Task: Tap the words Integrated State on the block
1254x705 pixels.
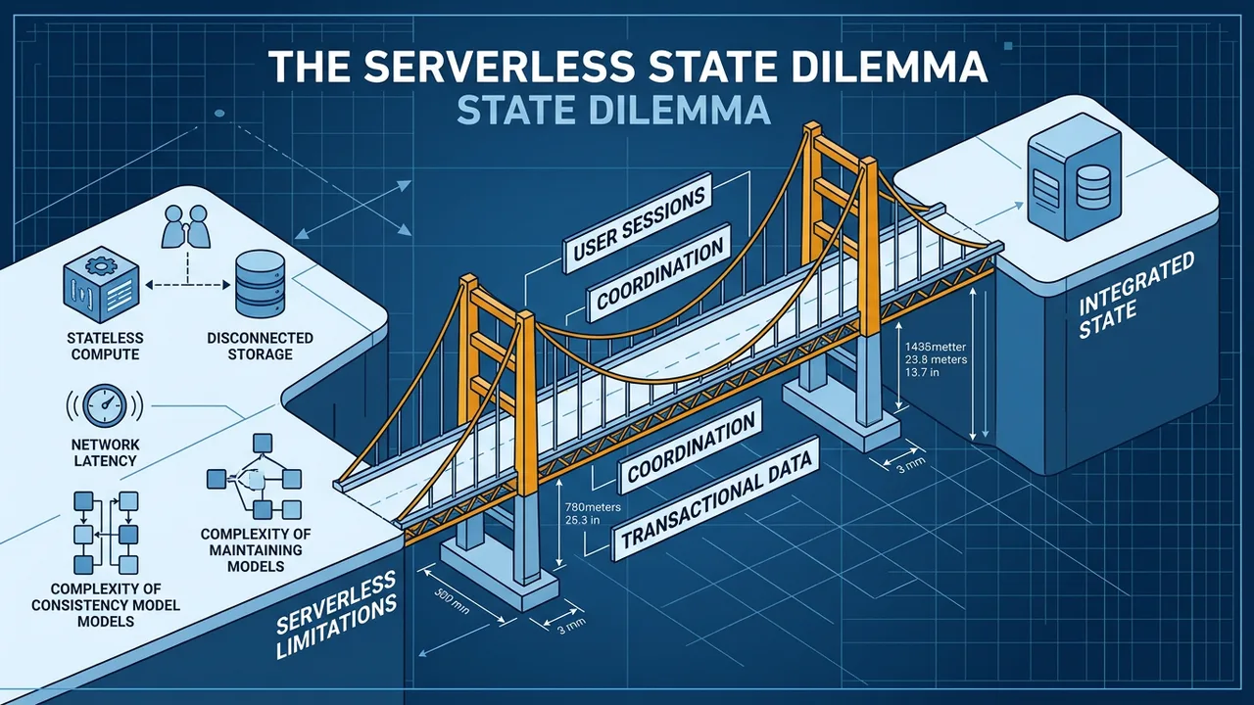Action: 1136,296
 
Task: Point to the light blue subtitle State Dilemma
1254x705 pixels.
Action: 613,111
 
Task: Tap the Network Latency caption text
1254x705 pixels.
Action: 104,451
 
